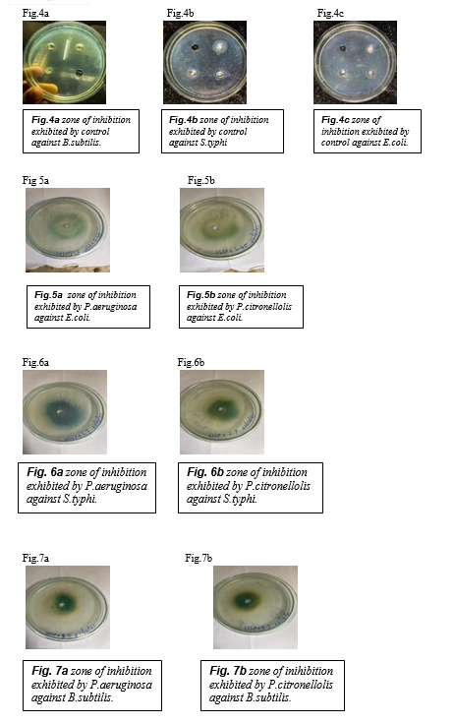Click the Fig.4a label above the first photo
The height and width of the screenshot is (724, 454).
(x=35, y=13)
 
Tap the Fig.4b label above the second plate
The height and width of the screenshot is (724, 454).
(x=181, y=13)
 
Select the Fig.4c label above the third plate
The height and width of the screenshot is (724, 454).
(x=330, y=13)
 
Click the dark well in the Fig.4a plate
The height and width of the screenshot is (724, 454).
(x=80, y=73)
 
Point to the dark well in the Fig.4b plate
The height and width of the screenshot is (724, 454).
(x=195, y=47)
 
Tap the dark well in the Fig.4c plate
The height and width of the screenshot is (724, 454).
(x=343, y=48)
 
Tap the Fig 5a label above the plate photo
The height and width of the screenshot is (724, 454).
(x=35, y=180)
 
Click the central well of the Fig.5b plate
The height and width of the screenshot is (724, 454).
(x=213, y=228)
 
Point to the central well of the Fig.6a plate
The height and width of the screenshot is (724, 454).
(x=59, y=411)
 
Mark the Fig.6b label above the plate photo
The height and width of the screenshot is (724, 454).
(x=191, y=362)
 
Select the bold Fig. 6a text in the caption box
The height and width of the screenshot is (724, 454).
(x=45, y=472)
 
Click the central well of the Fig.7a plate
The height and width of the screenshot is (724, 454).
(x=62, y=603)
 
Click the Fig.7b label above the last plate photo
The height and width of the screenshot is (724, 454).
(x=199, y=558)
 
